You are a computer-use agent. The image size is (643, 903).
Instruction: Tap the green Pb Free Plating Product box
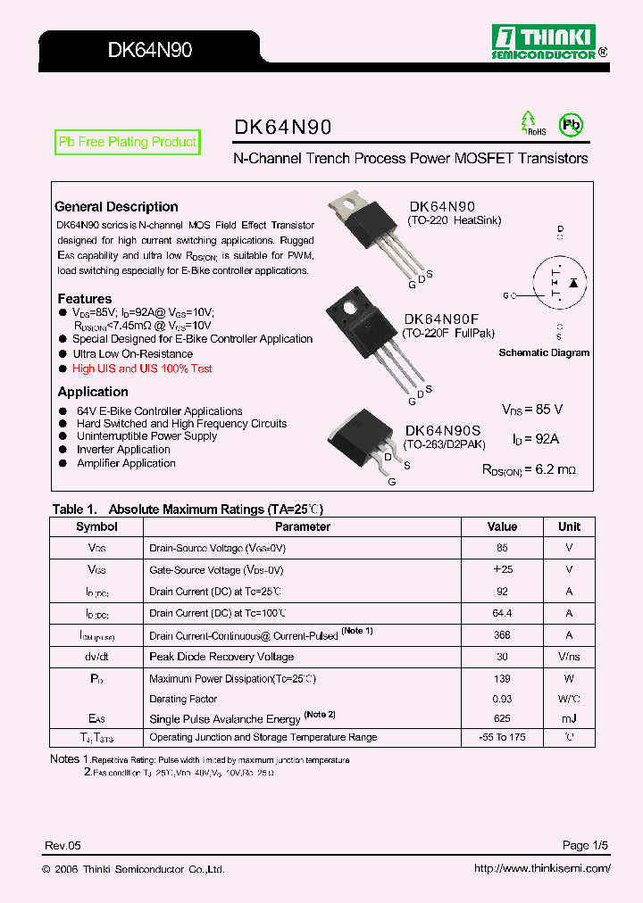[127, 143]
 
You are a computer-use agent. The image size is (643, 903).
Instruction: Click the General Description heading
[116, 207]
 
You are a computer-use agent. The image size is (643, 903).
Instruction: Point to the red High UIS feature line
[142, 369]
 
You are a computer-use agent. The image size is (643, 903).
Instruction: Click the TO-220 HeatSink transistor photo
[370, 232]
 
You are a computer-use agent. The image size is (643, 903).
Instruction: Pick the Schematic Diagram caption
[544, 352]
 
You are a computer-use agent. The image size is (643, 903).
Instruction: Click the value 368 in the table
[502, 635]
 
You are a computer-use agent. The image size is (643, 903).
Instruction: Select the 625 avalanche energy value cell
[502, 719]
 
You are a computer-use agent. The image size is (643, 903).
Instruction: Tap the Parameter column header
[302, 527]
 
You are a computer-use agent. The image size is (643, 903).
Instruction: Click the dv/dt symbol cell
[96, 657]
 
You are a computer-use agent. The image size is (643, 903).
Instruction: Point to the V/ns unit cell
[569, 657]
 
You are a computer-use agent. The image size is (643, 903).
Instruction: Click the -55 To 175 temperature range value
[502, 737]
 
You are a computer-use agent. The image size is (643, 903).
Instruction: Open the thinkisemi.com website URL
[541, 869]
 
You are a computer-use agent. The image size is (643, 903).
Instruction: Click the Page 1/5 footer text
[585, 845]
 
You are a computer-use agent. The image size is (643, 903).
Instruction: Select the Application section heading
[93, 392]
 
